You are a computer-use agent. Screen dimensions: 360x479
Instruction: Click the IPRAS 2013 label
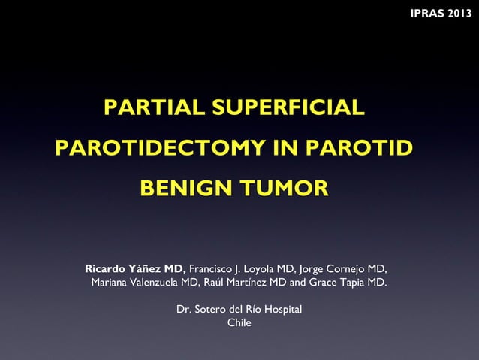[441, 15]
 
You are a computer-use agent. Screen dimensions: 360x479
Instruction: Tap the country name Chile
[239, 323]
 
